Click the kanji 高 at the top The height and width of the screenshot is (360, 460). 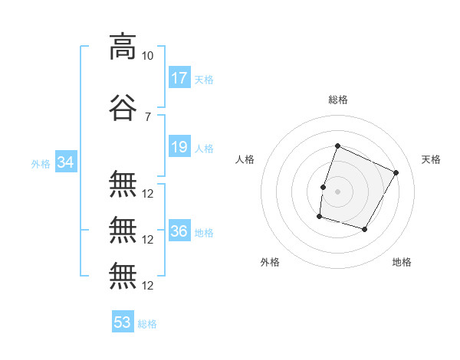pyautogui.click(x=123, y=47)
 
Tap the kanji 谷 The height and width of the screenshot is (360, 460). pyautogui.click(x=123, y=107)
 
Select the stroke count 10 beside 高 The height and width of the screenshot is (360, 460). pyautogui.click(x=147, y=56)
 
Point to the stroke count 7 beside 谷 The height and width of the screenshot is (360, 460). pyautogui.click(x=148, y=117)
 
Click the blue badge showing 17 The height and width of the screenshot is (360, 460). pyautogui.click(x=179, y=77)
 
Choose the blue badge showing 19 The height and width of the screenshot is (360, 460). pyautogui.click(x=179, y=146)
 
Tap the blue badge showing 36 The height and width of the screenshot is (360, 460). pyautogui.click(x=179, y=230)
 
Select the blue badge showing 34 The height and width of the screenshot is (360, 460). pyautogui.click(x=66, y=162)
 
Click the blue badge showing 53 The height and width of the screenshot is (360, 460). pyautogui.click(x=123, y=321)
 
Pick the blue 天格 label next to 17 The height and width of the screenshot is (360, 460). pyautogui.click(x=204, y=80)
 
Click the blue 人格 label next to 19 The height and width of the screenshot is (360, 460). pyautogui.click(x=204, y=149)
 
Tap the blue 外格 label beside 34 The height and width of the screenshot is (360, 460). pyautogui.click(x=41, y=164)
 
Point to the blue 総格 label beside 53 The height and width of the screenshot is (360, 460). pyautogui.click(x=147, y=324)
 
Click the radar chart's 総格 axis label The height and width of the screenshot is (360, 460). pyautogui.click(x=338, y=100)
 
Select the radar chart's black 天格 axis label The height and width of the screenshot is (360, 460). pyautogui.click(x=431, y=159)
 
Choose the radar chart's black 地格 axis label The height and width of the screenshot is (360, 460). pyautogui.click(x=402, y=262)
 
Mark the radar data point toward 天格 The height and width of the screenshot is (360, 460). pyautogui.click(x=396, y=172)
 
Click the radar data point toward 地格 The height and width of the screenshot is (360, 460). pyautogui.click(x=364, y=229)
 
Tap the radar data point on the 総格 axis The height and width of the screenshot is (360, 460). pyautogui.click(x=337, y=146)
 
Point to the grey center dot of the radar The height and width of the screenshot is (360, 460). pyautogui.click(x=337, y=191)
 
